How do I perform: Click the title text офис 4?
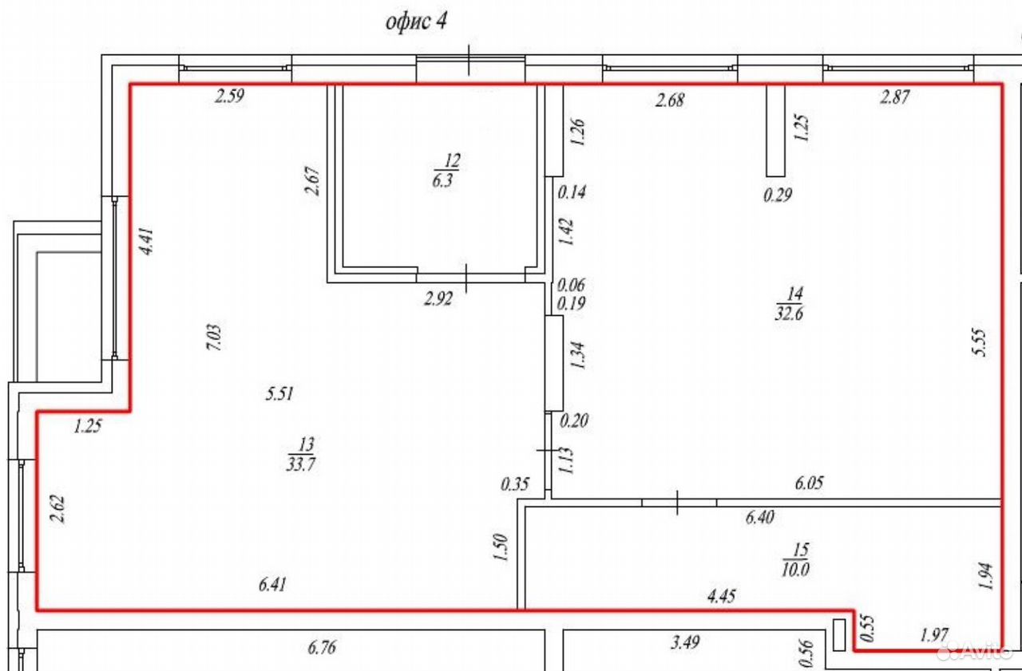coord(416,22)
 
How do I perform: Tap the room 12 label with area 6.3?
coord(446,171)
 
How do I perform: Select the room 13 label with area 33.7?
coord(302,454)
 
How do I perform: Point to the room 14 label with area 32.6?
coord(790,303)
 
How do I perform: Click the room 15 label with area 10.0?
coord(796,560)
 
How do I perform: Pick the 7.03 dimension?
coord(214,337)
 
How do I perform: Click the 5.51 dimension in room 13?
coord(279,393)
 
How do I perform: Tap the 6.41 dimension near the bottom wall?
coord(272,584)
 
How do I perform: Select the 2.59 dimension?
coord(229,97)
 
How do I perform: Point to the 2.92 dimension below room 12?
coord(438,299)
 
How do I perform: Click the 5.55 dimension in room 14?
coord(979,341)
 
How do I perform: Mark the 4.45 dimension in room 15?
coord(721,596)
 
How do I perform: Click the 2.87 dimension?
coord(895,97)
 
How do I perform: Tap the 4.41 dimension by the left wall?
coord(147,241)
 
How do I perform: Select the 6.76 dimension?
coord(322,647)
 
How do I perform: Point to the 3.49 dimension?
coord(685,643)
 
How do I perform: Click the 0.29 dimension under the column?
coord(778,195)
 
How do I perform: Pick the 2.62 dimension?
coord(57,509)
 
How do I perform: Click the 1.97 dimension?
coord(934,635)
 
